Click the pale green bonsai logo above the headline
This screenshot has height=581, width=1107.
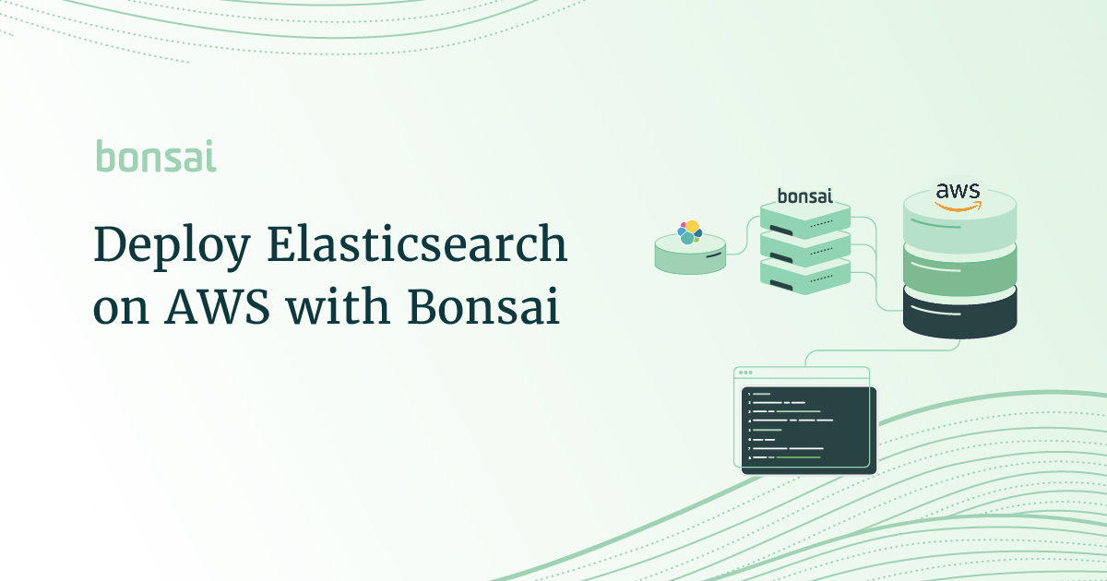(x=156, y=157)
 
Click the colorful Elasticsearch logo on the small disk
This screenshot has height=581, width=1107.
(x=689, y=231)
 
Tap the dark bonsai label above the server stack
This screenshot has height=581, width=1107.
(x=804, y=196)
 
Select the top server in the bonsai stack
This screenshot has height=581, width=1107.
(x=804, y=219)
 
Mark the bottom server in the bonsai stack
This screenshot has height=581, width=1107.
(x=804, y=274)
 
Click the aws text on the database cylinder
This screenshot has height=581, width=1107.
(x=958, y=191)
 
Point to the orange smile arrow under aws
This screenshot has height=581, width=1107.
(x=958, y=207)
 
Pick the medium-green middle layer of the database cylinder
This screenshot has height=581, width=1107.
(x=959, y=275)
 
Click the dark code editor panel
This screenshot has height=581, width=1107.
(x=809, y=430)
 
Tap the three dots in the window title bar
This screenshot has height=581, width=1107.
(x=745, y=373)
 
